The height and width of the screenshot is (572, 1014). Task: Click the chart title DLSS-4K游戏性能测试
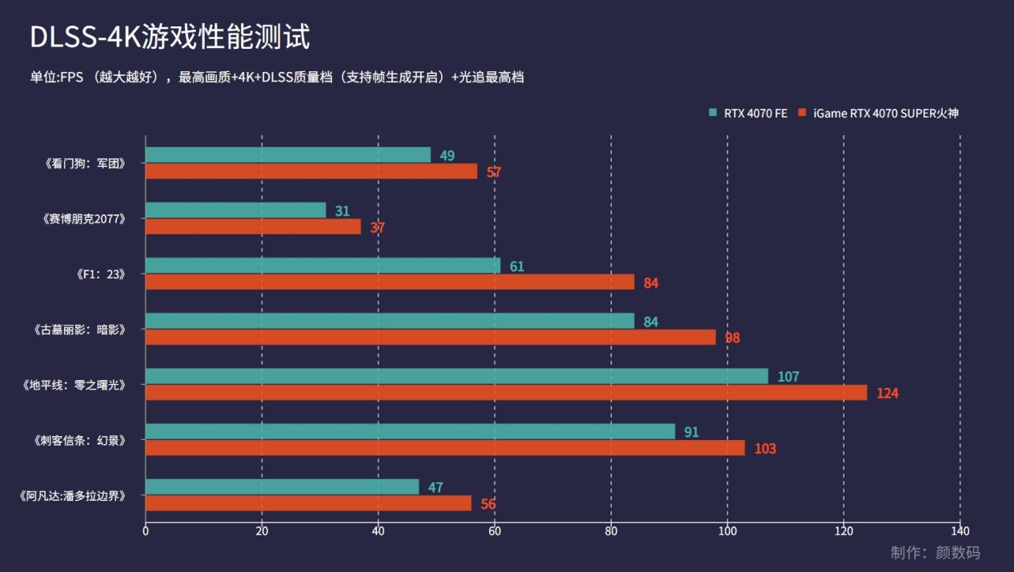coord(170,37)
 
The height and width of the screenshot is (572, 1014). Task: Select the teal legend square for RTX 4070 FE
coord(713,113)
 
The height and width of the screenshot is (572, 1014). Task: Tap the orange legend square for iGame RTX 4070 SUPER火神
coord(803,113)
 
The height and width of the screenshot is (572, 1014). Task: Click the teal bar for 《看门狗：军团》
coord(288,154)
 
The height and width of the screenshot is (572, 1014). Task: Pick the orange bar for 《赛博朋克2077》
coord(253,226)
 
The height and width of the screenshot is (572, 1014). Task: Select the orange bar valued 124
coord(506,393)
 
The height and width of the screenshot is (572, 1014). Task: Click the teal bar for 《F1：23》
coord(323,266)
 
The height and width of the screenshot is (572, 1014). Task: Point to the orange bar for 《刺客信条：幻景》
coord(445,448)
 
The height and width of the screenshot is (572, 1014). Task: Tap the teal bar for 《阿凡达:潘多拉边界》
coord(282,486)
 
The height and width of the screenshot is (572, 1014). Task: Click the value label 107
coord(788,377)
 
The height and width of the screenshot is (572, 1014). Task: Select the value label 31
coord(343,211)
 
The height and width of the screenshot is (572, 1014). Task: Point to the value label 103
coord(765,449)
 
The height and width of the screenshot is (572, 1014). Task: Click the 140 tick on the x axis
coord(960,531)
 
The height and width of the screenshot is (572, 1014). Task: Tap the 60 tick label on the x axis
coord(495,531)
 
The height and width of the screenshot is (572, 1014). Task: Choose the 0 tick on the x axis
coord(146,531)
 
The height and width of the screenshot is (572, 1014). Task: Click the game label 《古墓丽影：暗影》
coord(81,329)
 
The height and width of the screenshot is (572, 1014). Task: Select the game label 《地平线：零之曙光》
coord(74,385)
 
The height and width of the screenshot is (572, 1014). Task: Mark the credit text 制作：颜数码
coord(935,553)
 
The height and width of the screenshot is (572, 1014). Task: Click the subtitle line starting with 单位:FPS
coord(277,78)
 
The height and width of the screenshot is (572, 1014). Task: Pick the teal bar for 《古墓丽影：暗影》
coord(390,321)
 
